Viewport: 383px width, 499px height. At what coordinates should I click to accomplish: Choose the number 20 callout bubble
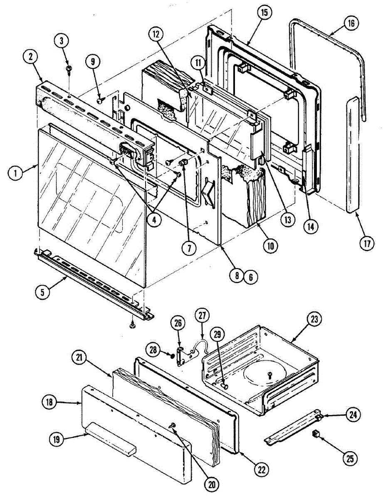tap(212, 484)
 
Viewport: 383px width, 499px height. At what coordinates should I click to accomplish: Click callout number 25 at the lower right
tap(350, 458)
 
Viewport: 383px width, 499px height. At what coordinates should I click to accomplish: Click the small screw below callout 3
tap(69, 68)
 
